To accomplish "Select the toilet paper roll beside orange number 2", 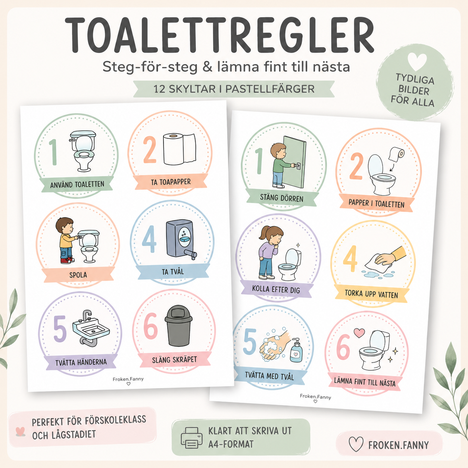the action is (180, 149).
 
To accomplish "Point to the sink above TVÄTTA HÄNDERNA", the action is (91, 327).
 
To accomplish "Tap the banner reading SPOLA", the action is (78, 275).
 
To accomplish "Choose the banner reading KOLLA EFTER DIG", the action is (276, 289).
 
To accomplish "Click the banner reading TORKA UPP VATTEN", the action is (371, 294).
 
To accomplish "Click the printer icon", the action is (191, 438).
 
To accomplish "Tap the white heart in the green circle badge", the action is (417, 61).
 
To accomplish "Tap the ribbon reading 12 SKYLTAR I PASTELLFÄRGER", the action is (234, 89).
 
